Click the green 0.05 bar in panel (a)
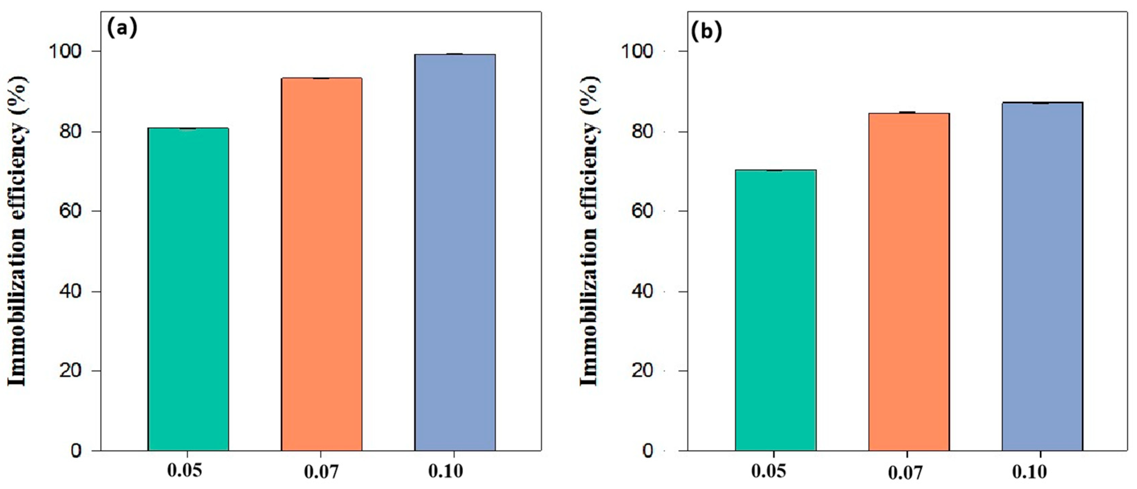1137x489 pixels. pos(188,289)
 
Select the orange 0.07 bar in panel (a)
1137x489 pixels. pos(322,264)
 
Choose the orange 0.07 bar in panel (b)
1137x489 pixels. pos(909,282)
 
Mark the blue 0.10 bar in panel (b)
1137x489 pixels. pos(1042,276)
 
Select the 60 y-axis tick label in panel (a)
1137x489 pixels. pos(71,211)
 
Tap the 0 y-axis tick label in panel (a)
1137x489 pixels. pos(76,451)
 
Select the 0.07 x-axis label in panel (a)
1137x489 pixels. pos(321,472)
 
